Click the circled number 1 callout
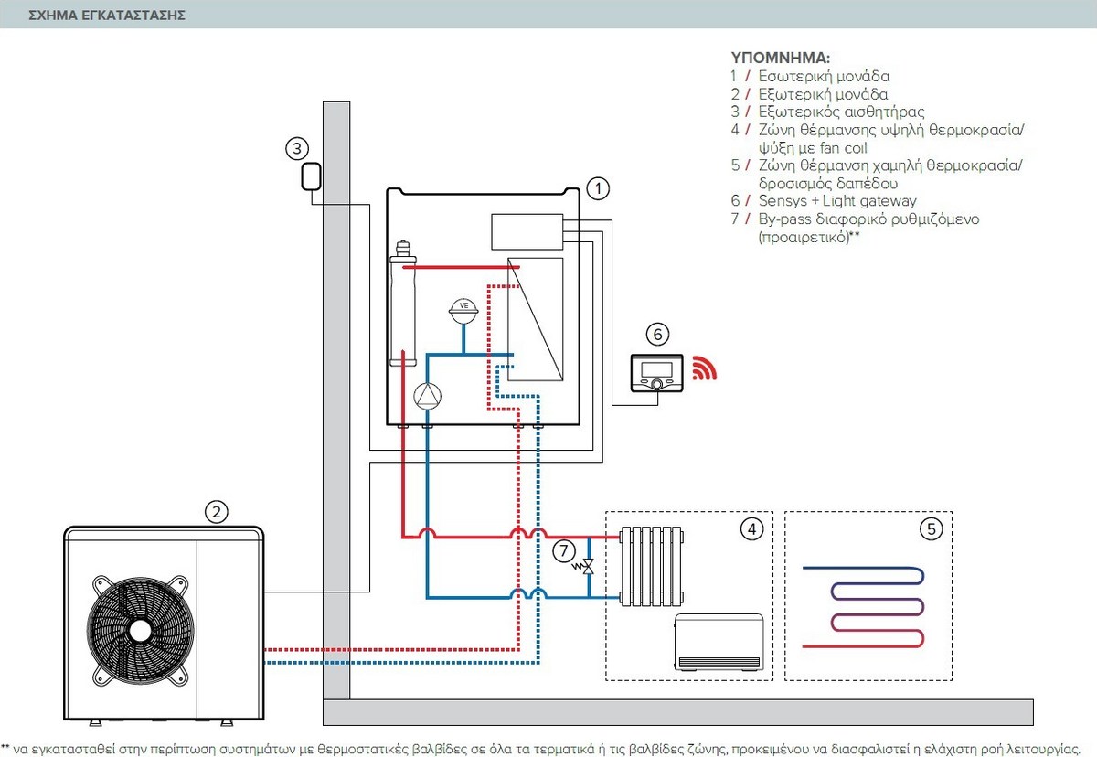(597, 188)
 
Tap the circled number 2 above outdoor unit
(215, 511)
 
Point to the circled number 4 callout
(751, 528)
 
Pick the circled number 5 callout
(930, 528)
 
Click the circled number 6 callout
(656, 333)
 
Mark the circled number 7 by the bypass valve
(564, 550)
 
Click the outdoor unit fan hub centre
(140, 629)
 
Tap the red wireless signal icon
(703, 368)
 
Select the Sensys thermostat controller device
(656, 373)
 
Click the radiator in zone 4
(651, 566)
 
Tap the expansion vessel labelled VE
(463, 310)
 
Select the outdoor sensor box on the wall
(310, 176)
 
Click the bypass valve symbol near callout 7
(589, 567)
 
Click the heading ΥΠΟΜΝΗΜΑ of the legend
(780, 58)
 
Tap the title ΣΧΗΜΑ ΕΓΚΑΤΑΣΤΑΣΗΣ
(108, 16)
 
